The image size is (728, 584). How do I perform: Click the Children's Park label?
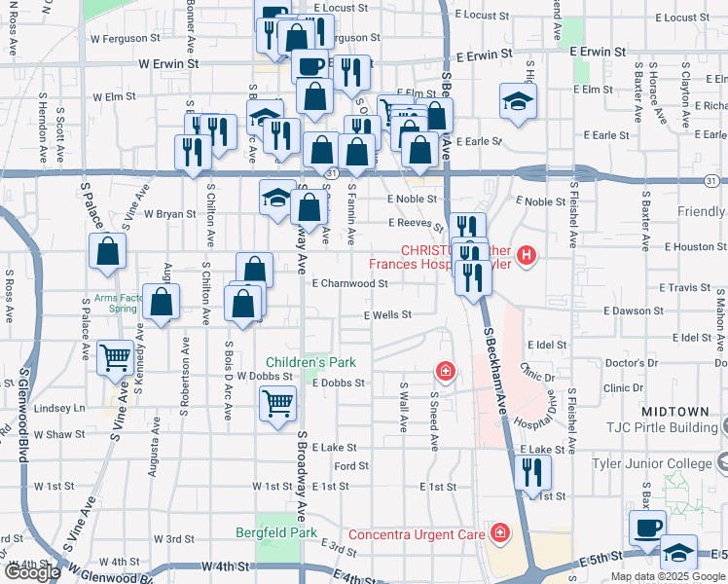pyautogui.click(x=311, y=362)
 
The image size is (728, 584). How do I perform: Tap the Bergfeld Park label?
pyautogui.click(x=276, y=532)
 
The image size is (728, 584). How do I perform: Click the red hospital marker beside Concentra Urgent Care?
pyautogui.click(x=500, y=533)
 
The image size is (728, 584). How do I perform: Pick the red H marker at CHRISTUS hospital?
pyautogui.click(x=527, y=257)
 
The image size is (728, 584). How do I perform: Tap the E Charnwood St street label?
pyautogui.click(x=350, y=284)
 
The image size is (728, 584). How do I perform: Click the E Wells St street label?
pyautogui.click(x=387, y=315)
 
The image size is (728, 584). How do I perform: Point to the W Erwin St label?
pyautogui.click(x=168, y=63)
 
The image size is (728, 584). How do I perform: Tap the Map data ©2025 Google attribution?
pyautogui.click(x=668, y=576)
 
